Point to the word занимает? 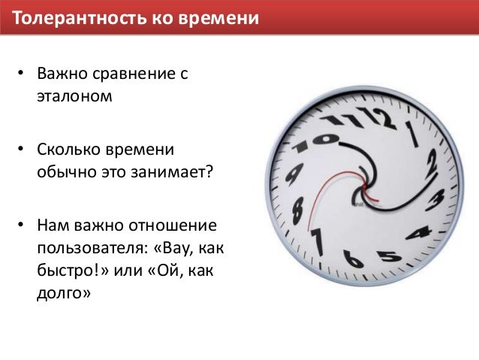174,172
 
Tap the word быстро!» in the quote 75,269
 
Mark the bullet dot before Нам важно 22,226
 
